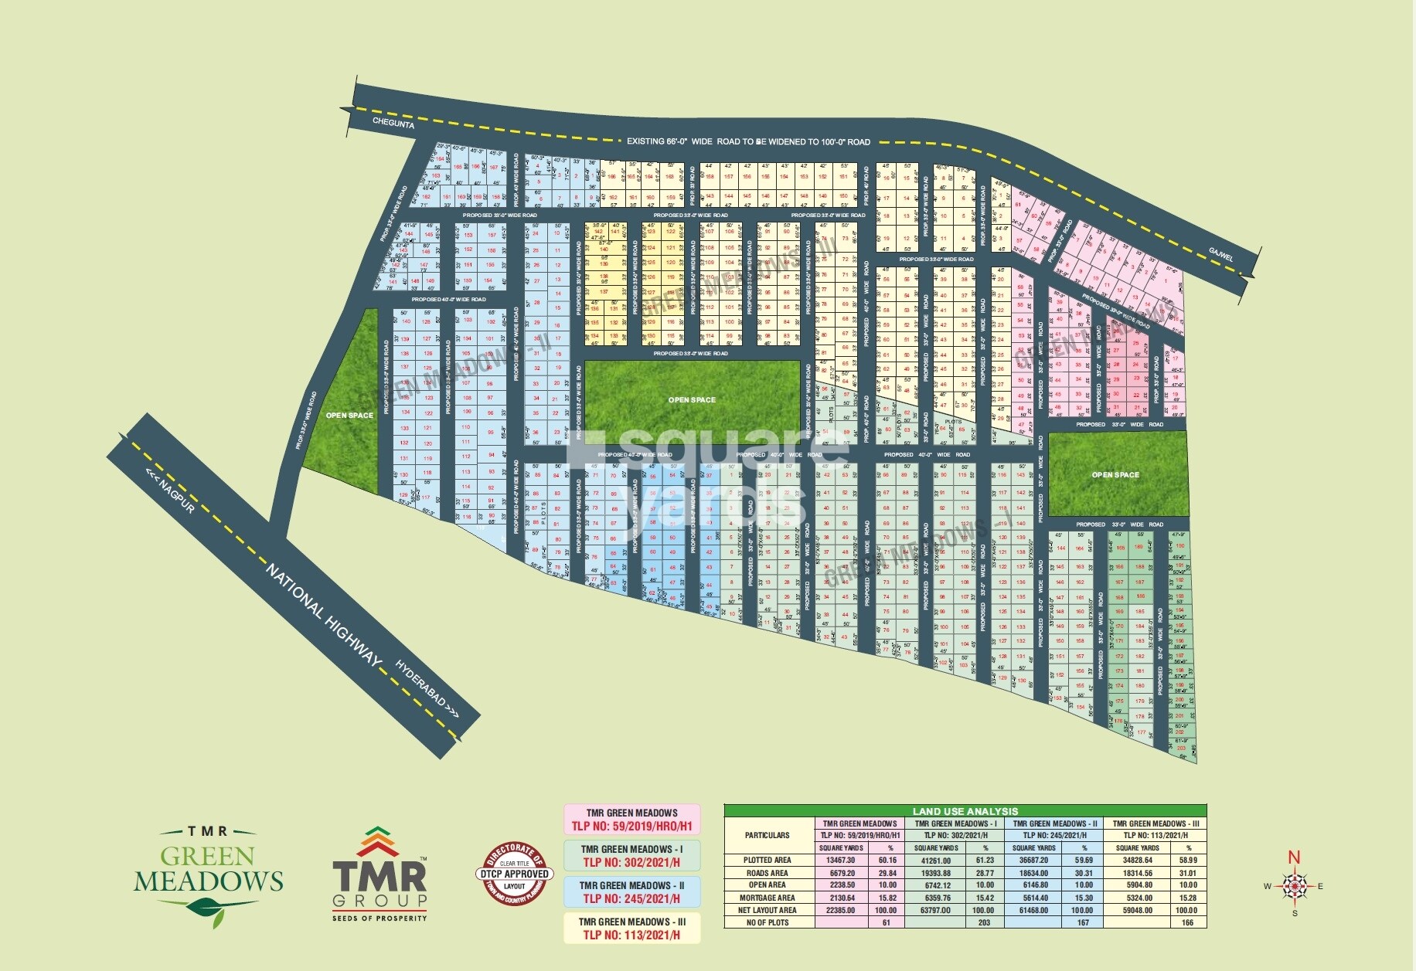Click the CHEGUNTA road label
[x=393, y=123]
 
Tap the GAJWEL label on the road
[x=1221, y=254]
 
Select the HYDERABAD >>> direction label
[x=427, y=689]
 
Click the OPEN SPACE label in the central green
[x=692, y=400]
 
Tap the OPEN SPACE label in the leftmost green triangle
[x=349, y=416]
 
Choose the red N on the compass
[x=1294, y=857]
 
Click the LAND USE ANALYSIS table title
[x=965, y=811]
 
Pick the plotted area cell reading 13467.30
[x=842, y=860]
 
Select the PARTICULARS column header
[x=767, y=835]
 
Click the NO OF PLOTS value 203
[x=984, y=922]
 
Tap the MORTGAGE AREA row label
[x=767, y=898]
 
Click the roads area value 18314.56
[x=1138, y=873]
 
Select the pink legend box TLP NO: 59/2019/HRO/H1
[x=631, y=819]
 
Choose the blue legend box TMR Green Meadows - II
[x=631, y=891]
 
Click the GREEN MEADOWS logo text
[x=208, y=869]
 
